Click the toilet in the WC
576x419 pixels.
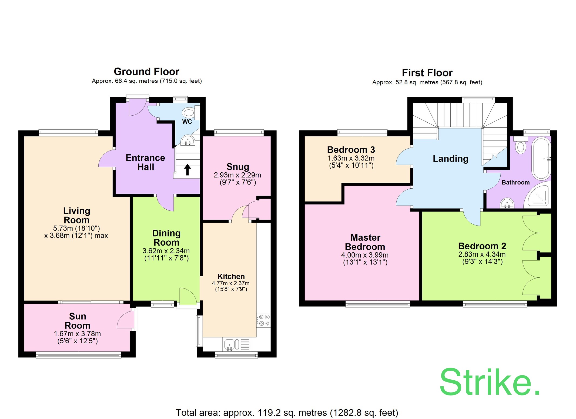click(189, 113)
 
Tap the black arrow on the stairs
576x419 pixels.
click(187, 169)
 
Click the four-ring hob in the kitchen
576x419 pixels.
click(264, 320)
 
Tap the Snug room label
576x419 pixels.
click(238, 167)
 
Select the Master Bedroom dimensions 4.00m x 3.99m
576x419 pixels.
click(365, 255)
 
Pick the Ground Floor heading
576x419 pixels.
click(146, 72)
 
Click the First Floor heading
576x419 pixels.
click(427, 73)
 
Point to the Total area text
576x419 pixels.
click(287, 413)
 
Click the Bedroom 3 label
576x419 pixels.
click(351, 150)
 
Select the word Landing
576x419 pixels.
click(450, 159)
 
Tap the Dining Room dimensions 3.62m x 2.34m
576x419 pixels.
click(166, 251)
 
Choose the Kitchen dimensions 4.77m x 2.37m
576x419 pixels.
click(231, 283)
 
